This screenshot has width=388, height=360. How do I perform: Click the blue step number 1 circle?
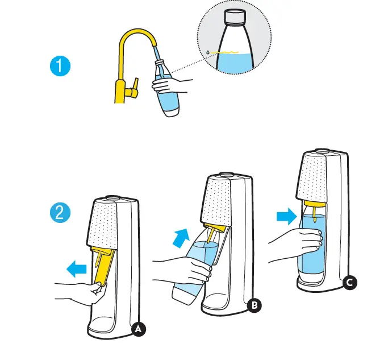click(x=60, y=67)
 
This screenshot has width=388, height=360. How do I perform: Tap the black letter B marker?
click(x=255, y=305)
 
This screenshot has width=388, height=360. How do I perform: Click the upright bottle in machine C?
click(x=311, y=245)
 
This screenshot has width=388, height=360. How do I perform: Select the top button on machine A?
click(x=112, y=197)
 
